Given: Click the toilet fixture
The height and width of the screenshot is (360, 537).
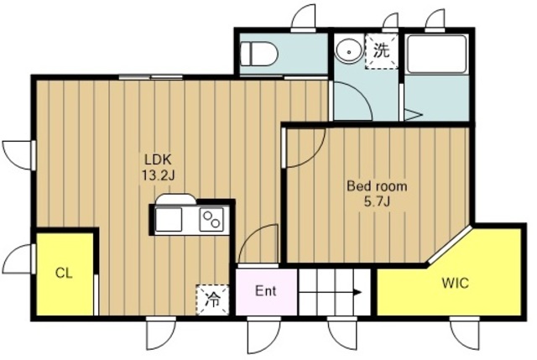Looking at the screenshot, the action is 258,54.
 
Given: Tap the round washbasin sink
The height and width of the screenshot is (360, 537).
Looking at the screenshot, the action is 349,50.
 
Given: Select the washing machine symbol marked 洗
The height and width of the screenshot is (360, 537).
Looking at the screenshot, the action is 381,51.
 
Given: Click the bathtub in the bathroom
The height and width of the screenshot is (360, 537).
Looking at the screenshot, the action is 437,54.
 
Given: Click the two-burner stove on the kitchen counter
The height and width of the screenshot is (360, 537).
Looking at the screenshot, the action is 211,220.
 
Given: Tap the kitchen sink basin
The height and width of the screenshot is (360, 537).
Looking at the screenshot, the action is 168,220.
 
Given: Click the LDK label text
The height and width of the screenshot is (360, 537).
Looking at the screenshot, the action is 158,159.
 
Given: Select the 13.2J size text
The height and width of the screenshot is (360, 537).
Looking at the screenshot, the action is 159,175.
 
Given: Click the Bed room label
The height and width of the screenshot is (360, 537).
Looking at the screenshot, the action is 377,186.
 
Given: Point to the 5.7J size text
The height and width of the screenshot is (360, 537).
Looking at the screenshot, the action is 377,202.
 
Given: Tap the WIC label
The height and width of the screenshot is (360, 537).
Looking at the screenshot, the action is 455,284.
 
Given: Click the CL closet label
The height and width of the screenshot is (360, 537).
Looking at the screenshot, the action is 64,274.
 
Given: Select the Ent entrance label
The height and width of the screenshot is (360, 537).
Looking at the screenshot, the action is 266,291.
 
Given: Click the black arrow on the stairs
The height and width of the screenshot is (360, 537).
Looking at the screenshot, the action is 358,292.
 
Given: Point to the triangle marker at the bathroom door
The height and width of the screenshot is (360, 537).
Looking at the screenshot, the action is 414,115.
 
